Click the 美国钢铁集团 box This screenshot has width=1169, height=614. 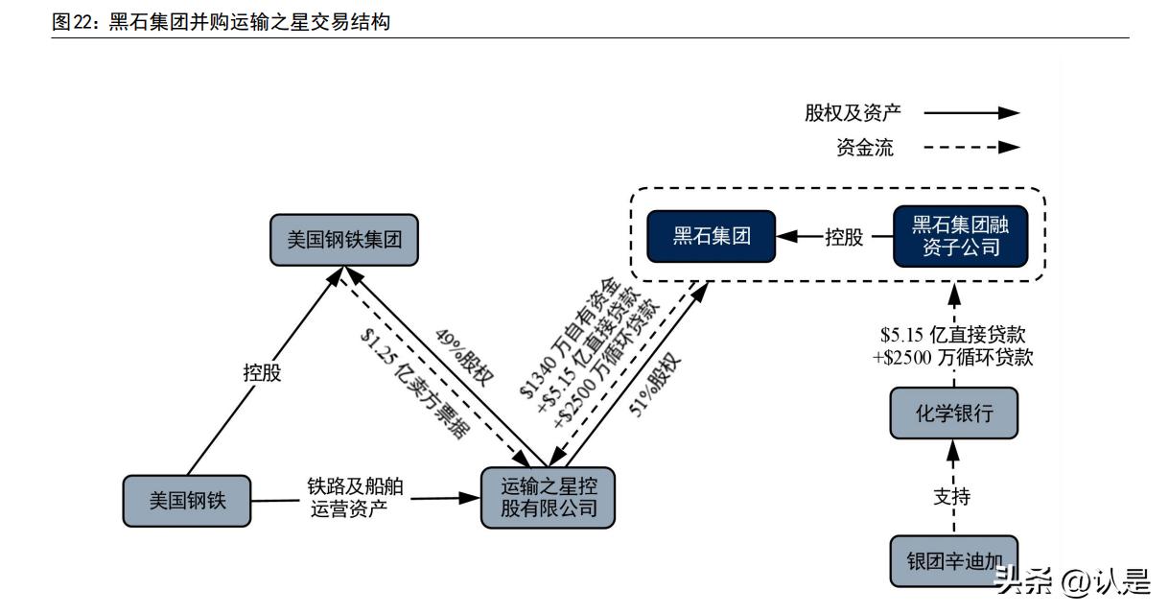pyautogui.click(x=344, y=240)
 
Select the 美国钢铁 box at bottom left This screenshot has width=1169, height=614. pyautogui.click(x=187, y=500)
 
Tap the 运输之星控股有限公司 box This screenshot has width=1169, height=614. pyautogui.click(x=548, y=497)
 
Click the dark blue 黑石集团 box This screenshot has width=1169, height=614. pyautogui.click(x=711, y=236)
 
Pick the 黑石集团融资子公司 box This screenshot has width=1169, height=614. pyautogui.click(x=961, y=236)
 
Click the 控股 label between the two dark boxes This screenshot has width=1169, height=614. pyautogui.click(x=844, y=237)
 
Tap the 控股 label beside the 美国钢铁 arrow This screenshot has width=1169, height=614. pyautogui.click(x=262, y=372)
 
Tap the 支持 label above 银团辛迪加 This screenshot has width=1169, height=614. pyautogui.click(x=952, y=497)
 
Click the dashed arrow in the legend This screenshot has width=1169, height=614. pyautogui.click(x=970, y=148)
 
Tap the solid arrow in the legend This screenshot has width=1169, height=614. pyautogui.click(x=970, y=112)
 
